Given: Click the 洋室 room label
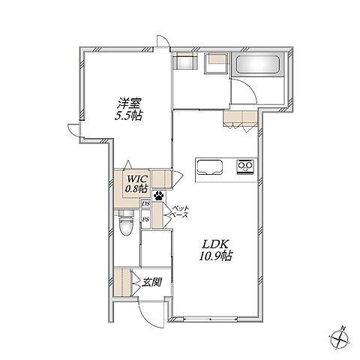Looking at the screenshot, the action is coord(130,103).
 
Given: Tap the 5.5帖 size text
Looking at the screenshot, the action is coord(129,116).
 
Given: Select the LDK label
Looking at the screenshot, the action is coord(215,244).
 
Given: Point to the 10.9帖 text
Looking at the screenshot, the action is coord(215,256).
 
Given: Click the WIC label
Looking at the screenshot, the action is coord(136,179).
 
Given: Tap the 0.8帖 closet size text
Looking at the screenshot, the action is coord(136,189).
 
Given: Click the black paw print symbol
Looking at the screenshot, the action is coord(159,196).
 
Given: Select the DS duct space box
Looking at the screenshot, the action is coord(145,204).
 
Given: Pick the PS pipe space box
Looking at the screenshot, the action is coord(145,220).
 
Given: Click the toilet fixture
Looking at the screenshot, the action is coord(127,222).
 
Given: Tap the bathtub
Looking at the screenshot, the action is coord(258,64).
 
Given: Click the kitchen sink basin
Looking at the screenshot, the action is coord(210,167).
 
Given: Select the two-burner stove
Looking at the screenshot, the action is coord(245,166).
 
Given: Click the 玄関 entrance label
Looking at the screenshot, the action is coord(151,282).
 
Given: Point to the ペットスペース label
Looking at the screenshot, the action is coord(180,211).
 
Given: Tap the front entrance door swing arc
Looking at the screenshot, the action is coord(148,317).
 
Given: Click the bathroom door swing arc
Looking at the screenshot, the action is coord(249,87).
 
